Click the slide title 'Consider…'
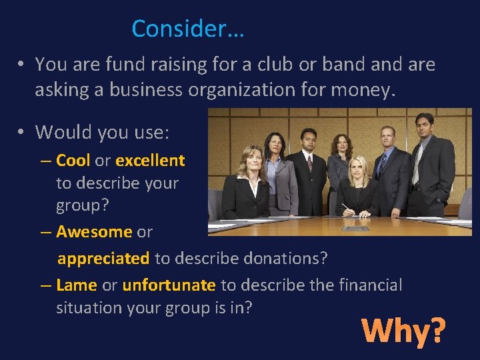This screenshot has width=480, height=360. pos(188,29)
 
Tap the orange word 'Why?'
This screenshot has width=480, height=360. pos(403,330)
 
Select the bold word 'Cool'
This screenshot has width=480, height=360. pos(73,161)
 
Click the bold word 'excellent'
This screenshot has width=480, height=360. pos(150,161)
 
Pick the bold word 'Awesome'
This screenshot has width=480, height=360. pos(94,232)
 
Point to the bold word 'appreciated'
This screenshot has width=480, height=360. pos(103,258)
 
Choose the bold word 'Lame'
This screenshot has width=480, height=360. pos(77,285)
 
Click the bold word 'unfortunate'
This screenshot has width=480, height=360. pos(169,285)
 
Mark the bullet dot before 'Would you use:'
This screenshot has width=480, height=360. pos(22,132)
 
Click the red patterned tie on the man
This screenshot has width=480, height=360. pos(309,163)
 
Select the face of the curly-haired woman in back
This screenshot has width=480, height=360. pos(343,145)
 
